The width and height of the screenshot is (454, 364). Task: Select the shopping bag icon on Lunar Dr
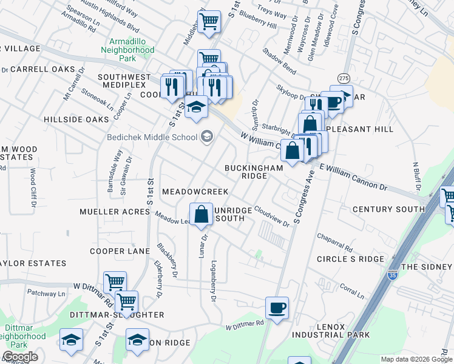coord(201,215)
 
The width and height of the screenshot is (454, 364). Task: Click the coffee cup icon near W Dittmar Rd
coord(277,309)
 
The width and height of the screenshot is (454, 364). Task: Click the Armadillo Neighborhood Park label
coord(127,50)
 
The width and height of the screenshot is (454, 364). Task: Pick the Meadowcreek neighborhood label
coord(186,192)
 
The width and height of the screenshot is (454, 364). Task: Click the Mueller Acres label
coord(115,212)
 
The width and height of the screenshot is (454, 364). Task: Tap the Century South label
coord(388,209)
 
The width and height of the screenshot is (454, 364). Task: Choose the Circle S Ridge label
coord(350,259)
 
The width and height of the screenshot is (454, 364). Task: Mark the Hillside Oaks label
coord(76,120)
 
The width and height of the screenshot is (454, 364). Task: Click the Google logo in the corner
coord(20,357)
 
